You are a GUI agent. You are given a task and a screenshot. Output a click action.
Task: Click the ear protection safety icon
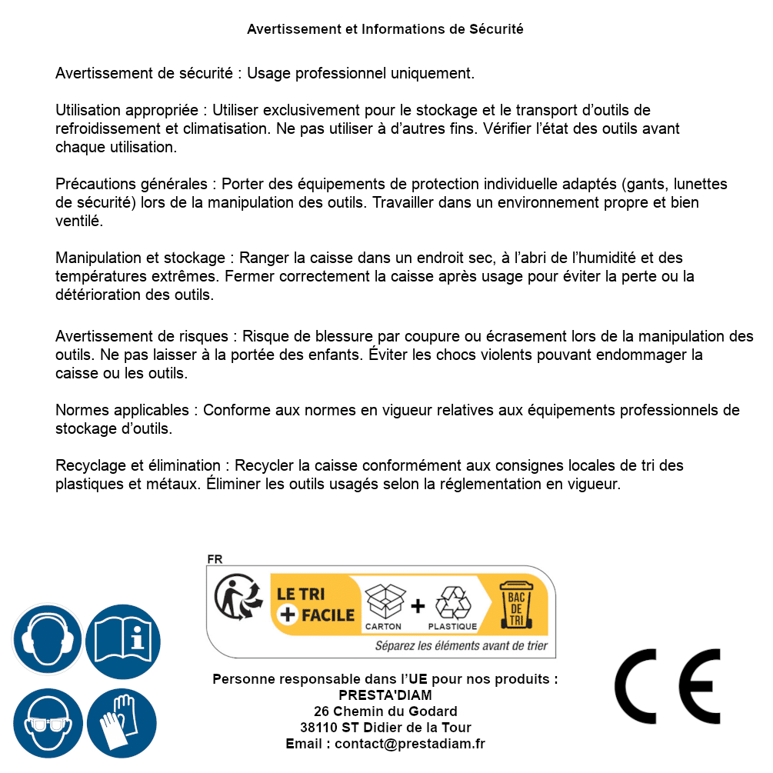[48, 640]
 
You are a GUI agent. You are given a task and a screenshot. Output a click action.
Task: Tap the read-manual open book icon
[122, 640]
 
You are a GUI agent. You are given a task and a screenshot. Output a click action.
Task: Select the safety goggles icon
[48, 723]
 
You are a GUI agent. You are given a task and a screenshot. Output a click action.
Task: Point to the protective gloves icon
[122, 723]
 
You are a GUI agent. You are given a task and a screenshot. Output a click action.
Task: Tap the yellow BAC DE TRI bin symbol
[517, 605]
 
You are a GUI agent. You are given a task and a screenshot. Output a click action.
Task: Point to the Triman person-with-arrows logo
[233, 598]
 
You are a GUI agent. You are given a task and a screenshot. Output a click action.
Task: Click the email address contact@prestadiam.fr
[410, 743]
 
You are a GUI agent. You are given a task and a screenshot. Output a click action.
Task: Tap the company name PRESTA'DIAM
[385, 695]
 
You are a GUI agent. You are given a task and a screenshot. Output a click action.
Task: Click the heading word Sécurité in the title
[496, 29]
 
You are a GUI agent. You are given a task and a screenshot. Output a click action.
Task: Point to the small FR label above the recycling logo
[215, 560]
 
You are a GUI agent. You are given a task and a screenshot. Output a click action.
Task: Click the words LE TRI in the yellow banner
[300, 594]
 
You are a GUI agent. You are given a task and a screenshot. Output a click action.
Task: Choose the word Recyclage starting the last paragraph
[88, 466]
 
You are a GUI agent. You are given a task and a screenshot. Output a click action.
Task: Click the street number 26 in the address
[323, 711]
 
